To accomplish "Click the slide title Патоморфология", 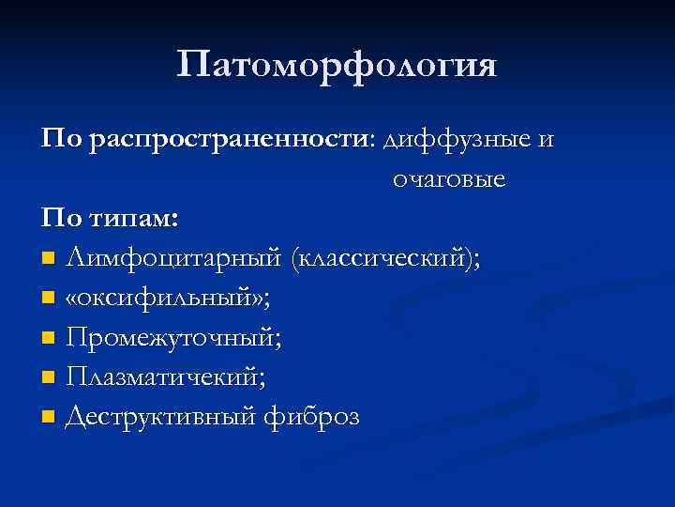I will tap(337, 66).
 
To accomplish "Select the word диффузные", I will tap(456, 139).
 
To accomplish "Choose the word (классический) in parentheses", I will tap(387, 258).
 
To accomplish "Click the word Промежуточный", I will tap(174, 337).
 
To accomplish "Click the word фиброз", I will tap(318, 416).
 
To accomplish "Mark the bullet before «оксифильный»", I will tap(49, 299).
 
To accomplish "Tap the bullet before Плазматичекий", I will tap(49, 377).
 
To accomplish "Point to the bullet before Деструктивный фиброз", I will tap(49, 417).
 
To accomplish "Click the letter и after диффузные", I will tap(546, 141).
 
